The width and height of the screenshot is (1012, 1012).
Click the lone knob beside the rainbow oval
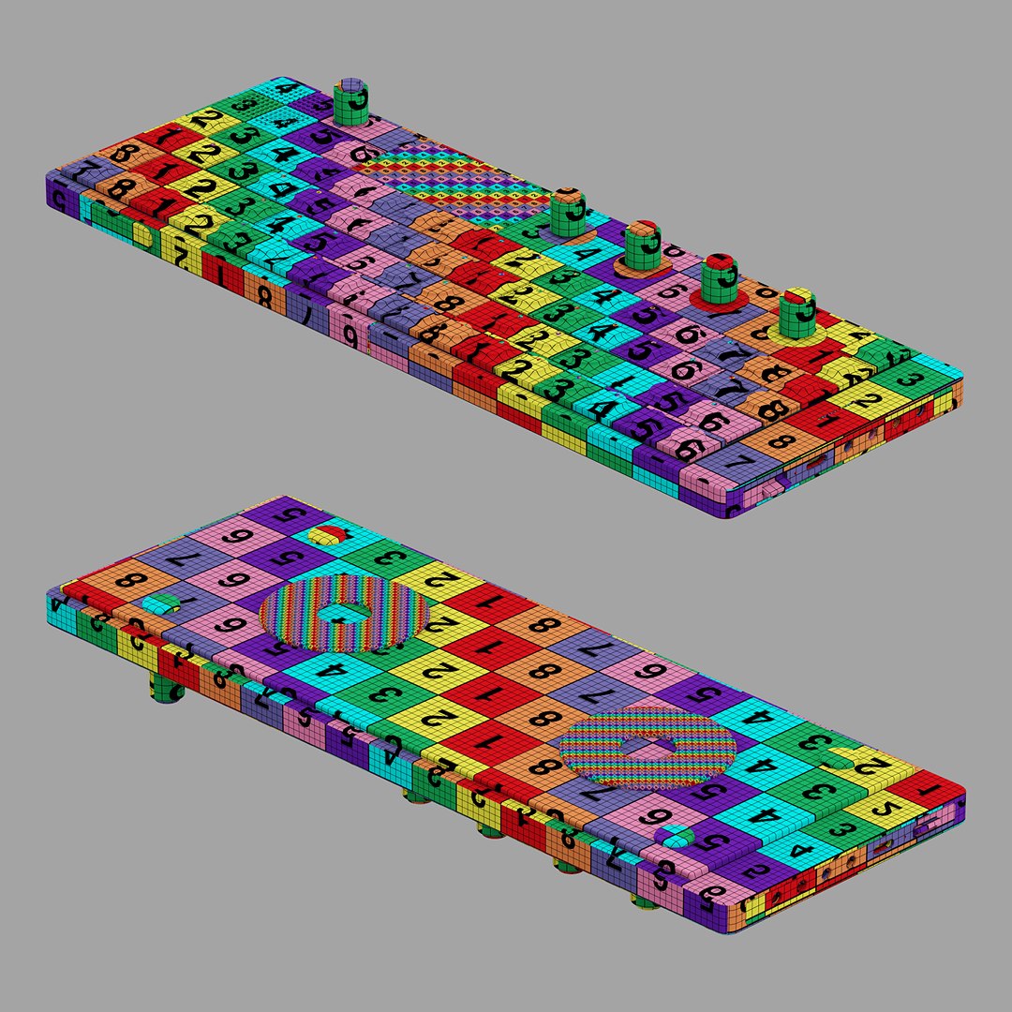[352, 102]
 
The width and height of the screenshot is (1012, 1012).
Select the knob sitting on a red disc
[720, 280]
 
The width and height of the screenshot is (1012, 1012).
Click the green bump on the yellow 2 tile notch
[837, 763]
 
